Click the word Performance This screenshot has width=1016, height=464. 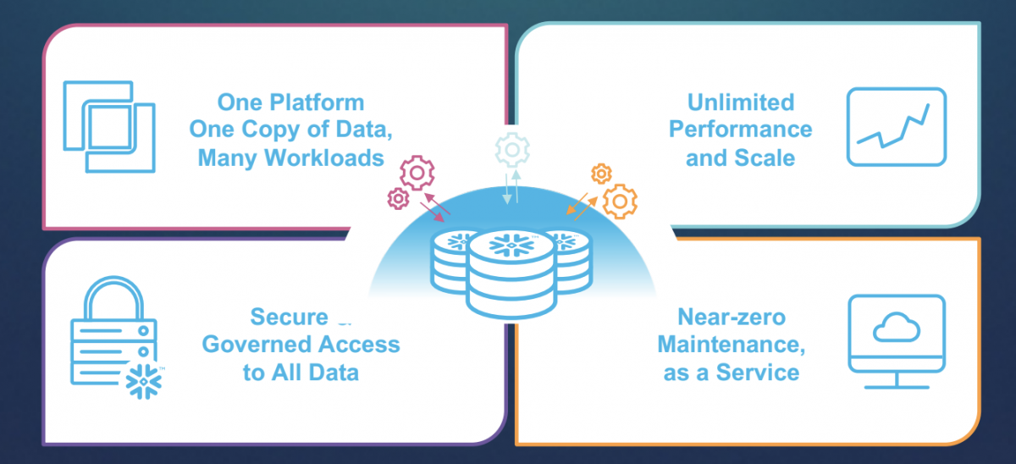(x=740, y=130)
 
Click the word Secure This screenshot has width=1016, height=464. (x=288, y=318)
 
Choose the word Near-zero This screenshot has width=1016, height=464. (x=732, y=318)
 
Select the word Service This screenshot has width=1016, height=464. (x=759, y=372)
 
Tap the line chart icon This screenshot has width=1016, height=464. (x=896, y=126)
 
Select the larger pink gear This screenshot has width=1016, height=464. (x=417, y=173)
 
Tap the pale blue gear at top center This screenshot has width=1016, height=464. (x=511, y=149)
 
